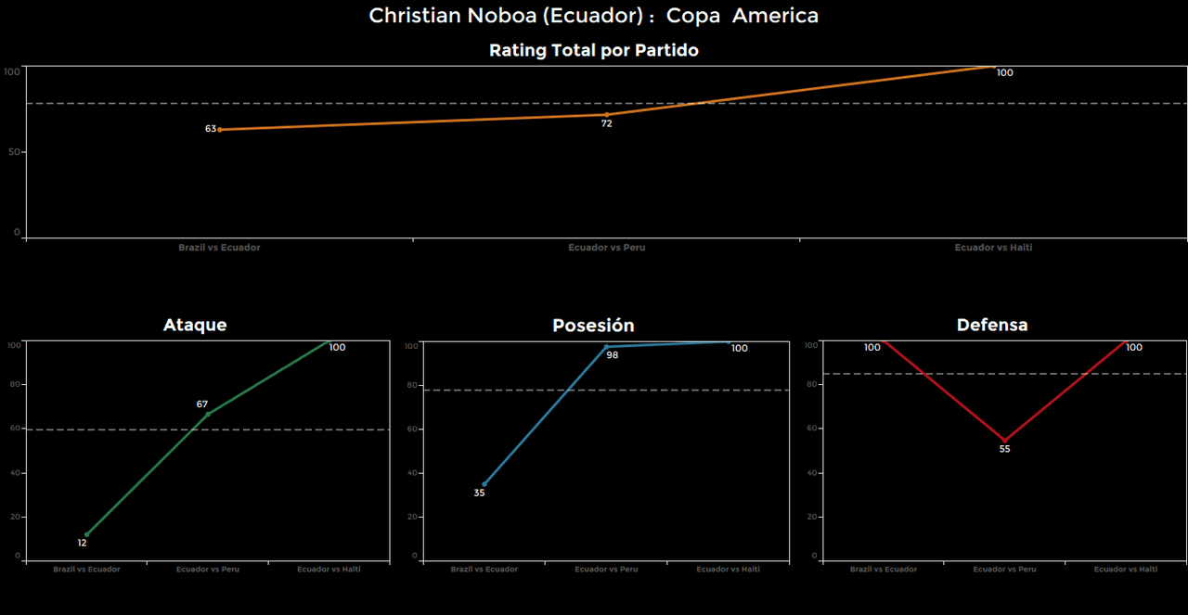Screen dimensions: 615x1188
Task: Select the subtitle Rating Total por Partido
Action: pyautogui.click(x=593, y=51)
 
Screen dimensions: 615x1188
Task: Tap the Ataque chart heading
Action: pyautogui.click(x=195, y=325)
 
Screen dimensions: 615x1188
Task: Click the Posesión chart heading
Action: pyautogui.click(x=593, y=326)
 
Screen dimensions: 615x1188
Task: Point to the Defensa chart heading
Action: pyautogui.click(x=992, y=325)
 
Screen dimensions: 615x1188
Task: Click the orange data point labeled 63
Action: pyautogui.click(x=219, y=130)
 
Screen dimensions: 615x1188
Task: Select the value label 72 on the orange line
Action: pyautogui.click(x=606, y=123)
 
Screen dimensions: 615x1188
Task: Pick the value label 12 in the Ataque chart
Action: pyautogui.click(x=83, y=544)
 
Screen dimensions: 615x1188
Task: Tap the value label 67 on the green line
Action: pyautogui.click(x=202, y=404)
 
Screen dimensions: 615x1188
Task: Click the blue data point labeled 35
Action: pyautogui.click(x=484, y=484)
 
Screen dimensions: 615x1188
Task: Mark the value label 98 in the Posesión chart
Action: pyautogui.click(x=613, y=355)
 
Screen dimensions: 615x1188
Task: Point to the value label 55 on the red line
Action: pyautogui.click(x=1004, y=449)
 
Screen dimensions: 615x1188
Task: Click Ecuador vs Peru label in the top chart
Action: pyautogui.click(x=607, y=248)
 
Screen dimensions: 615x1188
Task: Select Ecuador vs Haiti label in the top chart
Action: pyautogui.click(x=993, y=248)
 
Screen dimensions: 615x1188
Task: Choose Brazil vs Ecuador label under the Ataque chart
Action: pyautogui.click(x=86, y=570)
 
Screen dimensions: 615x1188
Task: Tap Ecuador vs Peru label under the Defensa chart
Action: pyautogui.click(x=1004, y=570)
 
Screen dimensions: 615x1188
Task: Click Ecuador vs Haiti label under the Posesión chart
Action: pyautogui.click(x=728, y=570)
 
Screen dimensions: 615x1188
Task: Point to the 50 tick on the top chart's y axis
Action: pyautogui.click(x=15, y=151)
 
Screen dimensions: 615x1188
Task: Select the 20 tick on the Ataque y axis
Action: pyautogui.click(x=15, y=517)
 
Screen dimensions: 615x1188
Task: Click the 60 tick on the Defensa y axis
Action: pyautogui.click(x=813, y=429)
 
